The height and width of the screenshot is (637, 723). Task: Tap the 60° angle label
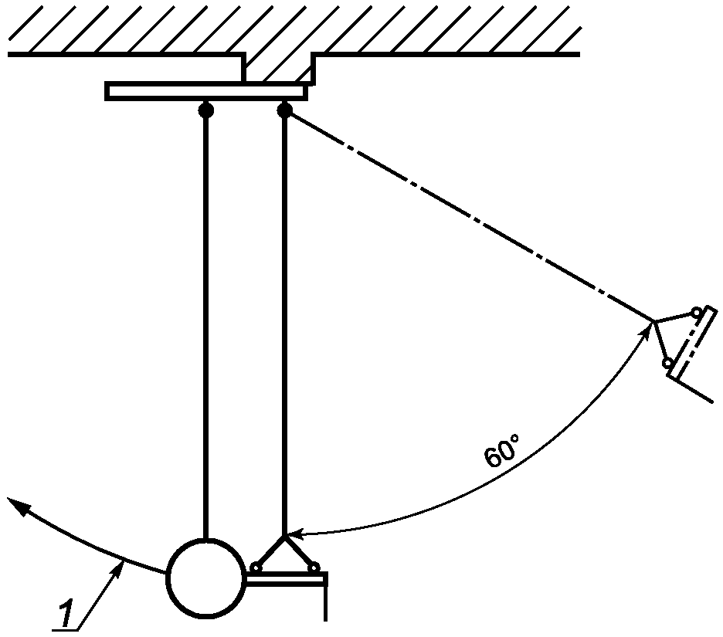(x=502, y=451)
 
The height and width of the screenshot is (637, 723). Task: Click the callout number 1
(x=66, y=614)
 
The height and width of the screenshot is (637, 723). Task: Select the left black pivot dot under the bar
(x=205, y=110)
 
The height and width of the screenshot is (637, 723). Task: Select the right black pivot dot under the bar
(x=284, y=110)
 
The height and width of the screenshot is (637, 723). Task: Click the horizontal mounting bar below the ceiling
(x=206, y=91)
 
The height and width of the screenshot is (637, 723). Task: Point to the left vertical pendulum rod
(x=205, y=328)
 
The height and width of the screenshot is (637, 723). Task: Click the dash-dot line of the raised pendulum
(x=469, y=215)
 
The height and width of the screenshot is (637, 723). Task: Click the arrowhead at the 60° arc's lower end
(x=295, y=534)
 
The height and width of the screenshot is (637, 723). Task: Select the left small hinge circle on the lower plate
(x=255, y=568)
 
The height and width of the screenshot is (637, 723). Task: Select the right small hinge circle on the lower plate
(x=314, y=567)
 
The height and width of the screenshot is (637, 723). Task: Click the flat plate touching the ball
(x=286, y=579)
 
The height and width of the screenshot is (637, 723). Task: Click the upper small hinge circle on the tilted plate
(x=696, y=312)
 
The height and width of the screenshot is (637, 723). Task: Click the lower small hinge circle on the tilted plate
(x=667, y=363)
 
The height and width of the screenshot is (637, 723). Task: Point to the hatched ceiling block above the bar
(x=279, y=68)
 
